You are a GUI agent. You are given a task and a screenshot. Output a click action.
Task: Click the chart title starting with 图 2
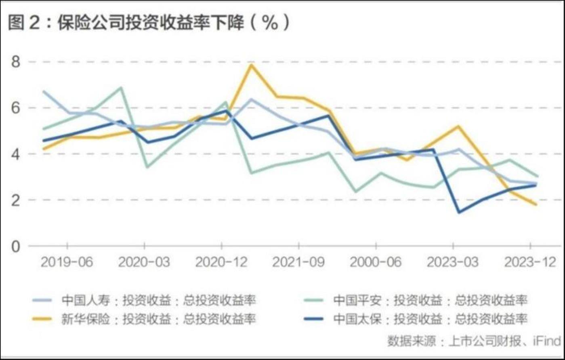149,23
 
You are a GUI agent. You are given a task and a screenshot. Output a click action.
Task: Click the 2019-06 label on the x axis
67,262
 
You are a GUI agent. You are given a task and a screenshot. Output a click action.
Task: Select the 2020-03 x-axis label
144,262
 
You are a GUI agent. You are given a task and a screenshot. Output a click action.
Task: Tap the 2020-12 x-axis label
221,262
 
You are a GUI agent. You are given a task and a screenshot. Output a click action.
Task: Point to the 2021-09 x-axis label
298,262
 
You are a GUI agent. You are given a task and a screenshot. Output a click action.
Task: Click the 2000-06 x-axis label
376,262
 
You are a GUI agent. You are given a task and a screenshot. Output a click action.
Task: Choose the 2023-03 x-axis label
453,262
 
